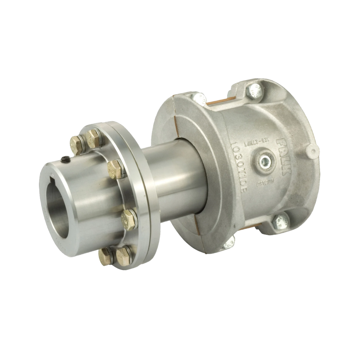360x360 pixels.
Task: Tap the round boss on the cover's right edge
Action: click(312, 152)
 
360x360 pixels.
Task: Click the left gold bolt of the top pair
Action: click(77, 145)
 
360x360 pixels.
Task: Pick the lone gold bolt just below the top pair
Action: click(115, 169)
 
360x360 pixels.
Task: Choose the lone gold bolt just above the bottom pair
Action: click(128, 220)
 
